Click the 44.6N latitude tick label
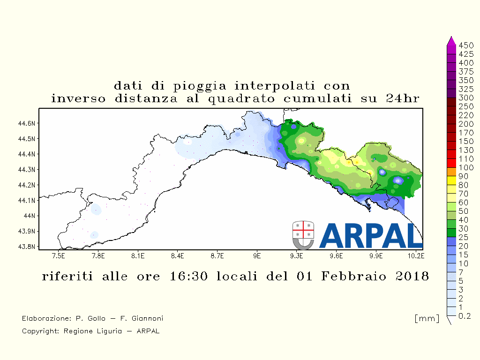[27, 123]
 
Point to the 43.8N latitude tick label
[27, 247]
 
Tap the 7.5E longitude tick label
[59, 255]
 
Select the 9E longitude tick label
[257, 255]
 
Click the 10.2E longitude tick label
[416, 255]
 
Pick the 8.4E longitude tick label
[178, 255]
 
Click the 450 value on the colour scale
[466, 45]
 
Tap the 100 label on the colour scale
[466, 167]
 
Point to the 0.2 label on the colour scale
[465, 316]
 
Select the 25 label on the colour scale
[464, 237]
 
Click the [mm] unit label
[427, 318]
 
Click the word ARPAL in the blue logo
[371, 235]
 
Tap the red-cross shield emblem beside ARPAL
[303, 235]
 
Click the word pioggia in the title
[200, 86]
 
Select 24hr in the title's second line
[403, 98]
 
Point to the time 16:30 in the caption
[188, 276]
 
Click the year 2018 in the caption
[412, 276]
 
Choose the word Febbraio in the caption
[353, 276]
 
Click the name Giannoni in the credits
[147, 318]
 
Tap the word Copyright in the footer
[40, 331]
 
